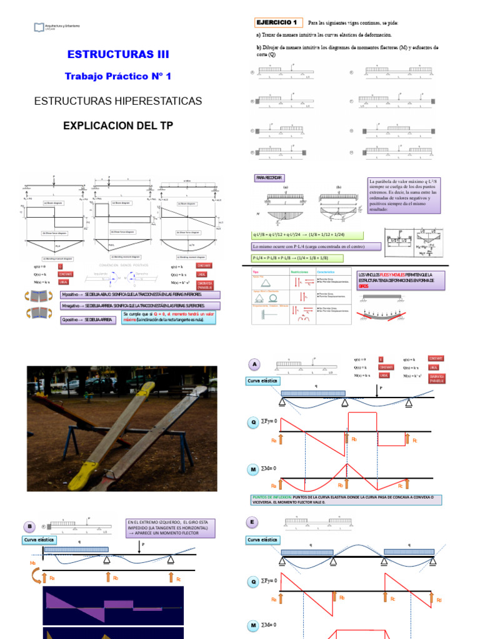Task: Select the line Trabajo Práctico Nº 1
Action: pos(118,76)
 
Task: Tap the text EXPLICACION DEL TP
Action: pos(118,125)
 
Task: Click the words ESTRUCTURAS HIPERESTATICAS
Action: pos(118,100)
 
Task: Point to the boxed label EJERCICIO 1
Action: pos(278,22)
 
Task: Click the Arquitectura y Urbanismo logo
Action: pos(41,27)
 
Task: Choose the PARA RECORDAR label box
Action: pos(269,178)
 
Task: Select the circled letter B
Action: pos(29,526)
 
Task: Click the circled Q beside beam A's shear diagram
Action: pos(254,422)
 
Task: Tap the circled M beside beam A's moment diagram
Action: pos(254,468)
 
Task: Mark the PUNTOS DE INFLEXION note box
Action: pos(346,500)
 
